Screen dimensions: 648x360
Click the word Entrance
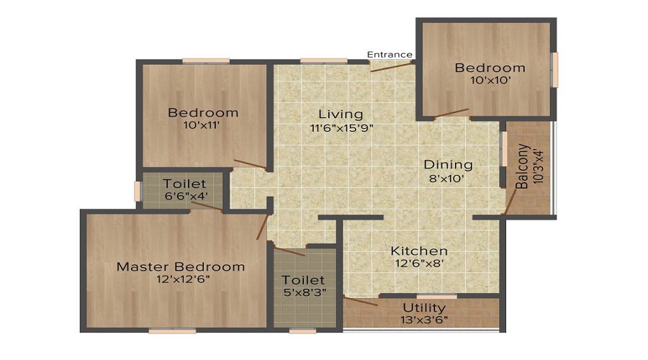point(390,55)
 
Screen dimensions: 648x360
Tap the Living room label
point(341,114)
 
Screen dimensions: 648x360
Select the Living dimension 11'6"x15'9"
point(342,128)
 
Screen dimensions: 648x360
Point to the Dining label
point(449,164)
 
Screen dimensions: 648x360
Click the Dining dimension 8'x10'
point(447,179)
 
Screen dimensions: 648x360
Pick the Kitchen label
point(419,251)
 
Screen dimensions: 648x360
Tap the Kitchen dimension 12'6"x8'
point(420,264)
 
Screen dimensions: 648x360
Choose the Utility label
point(424,308)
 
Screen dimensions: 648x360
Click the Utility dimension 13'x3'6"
point(424,320)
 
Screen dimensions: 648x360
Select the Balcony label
point(523,166)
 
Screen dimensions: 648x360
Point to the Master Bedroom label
point(181,266)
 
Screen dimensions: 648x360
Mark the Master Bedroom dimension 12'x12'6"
point(183,279)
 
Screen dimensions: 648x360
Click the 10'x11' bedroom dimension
point(202,125)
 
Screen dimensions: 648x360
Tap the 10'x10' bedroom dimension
point(490,80)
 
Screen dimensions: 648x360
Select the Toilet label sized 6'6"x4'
point(184,184)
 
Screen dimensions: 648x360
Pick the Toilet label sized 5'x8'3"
point(303,280)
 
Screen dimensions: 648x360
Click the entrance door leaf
point(392,66)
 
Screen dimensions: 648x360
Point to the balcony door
point(510,202)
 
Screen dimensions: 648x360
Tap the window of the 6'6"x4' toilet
point(138,192)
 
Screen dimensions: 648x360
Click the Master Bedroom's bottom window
point(172,331)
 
